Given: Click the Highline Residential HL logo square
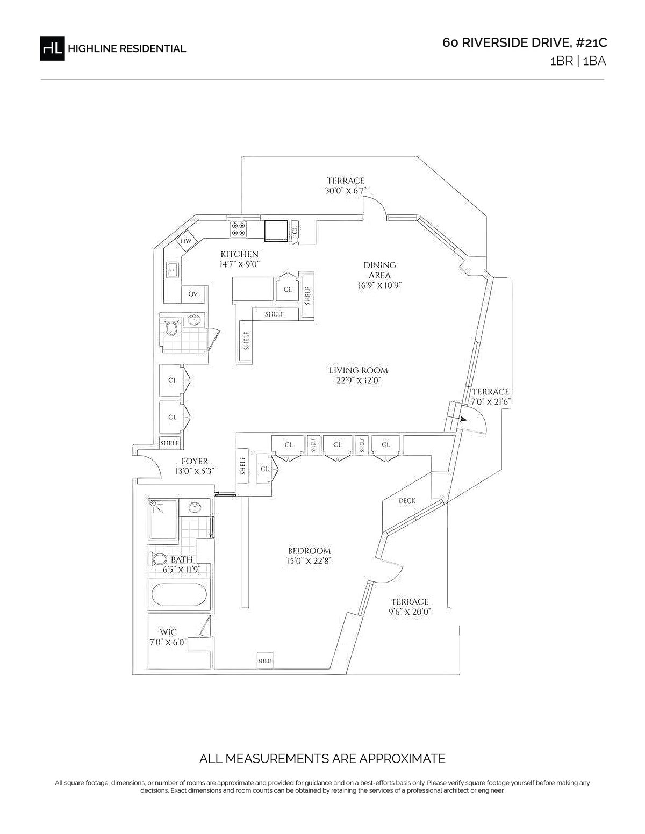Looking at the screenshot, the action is coord(52,48).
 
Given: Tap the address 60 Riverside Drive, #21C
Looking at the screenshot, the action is coord(525,42).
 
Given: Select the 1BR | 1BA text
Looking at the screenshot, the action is coord(578,61).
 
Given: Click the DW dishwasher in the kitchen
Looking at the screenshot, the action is coord(186,241).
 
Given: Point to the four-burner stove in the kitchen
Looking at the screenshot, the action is coord(238,229).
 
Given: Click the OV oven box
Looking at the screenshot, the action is coord(193,294).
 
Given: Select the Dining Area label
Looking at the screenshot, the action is coord(379,270).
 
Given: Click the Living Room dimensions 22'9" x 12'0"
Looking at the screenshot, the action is coord(358,381).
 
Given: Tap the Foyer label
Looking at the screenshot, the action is coord(195,461).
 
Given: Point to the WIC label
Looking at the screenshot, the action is coord(168,632).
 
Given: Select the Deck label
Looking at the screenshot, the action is coord(407,500).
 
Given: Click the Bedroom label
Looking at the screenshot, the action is coord(309,551).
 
